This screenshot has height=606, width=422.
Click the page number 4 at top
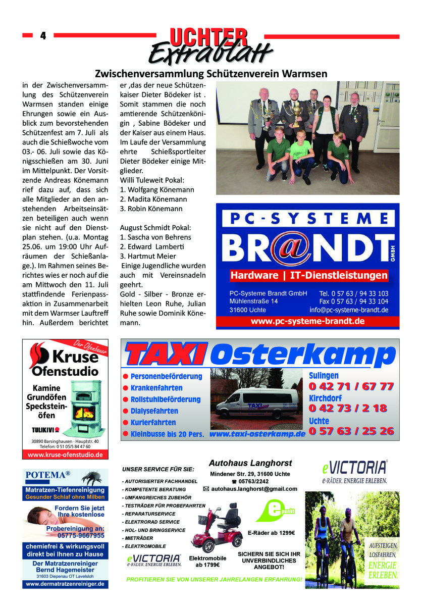pyautogui.click(x=43, y=35)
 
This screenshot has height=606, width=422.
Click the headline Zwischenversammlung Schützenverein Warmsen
pyautogui.click(x=211, y=73)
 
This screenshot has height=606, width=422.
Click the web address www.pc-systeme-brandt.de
pyautogui.click(x=307, y=321)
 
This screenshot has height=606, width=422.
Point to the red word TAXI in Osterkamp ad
pyautogui.click(x=166, y=353)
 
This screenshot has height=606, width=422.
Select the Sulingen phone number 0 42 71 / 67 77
pyautogui.click(x=351, y=386)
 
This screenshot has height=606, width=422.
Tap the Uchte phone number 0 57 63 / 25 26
pyautogui.click(x=351, y=431)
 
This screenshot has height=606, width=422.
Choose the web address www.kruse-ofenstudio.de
pyautogui.click(x=65, y=454)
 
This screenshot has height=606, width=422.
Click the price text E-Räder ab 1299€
pyautogui.click(x=272, y=533)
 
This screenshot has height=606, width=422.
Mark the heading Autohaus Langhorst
pyautogui.click(x=250, y=463)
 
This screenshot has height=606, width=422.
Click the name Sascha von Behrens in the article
pyautogui.click(x=155, y=237)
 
